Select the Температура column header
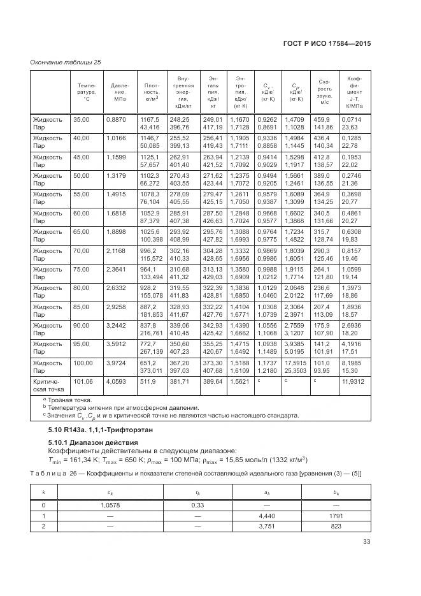tap(87, 92)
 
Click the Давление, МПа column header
tap(120, 92)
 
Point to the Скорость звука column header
tap(324, 92)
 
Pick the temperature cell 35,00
tap(82, 119)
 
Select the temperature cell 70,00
tap(82, 252)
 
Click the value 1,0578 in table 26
tap(111, 505)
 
